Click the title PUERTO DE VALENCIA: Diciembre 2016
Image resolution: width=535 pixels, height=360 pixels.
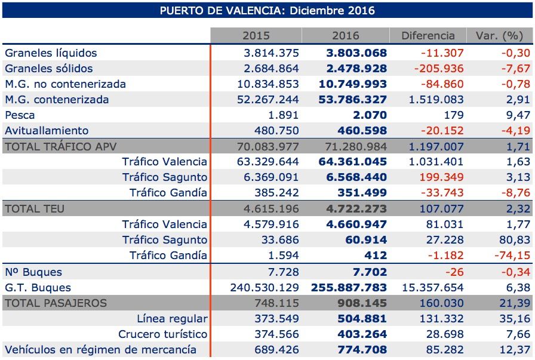click(x=267, y=10)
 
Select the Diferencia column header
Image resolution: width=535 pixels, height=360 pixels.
click(x=428, y=36)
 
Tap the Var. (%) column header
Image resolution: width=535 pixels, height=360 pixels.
click(x=499, y=36)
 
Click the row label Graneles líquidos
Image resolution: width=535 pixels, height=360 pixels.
click(x=51, y=53)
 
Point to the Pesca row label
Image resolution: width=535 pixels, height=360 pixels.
click(x=20, y=115)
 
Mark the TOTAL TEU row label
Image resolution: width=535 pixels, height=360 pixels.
click(x=35, y=209)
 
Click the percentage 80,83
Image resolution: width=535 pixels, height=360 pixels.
click(x=515, y=240)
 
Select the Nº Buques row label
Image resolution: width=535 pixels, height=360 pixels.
click(x=33, y=272)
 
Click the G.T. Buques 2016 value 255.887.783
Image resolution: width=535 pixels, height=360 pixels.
click(x=349, y=288)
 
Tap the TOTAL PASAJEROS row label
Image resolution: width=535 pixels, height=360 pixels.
click(x=56, y=303)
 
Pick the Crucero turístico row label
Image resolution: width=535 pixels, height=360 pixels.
click(x=163, y=334)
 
